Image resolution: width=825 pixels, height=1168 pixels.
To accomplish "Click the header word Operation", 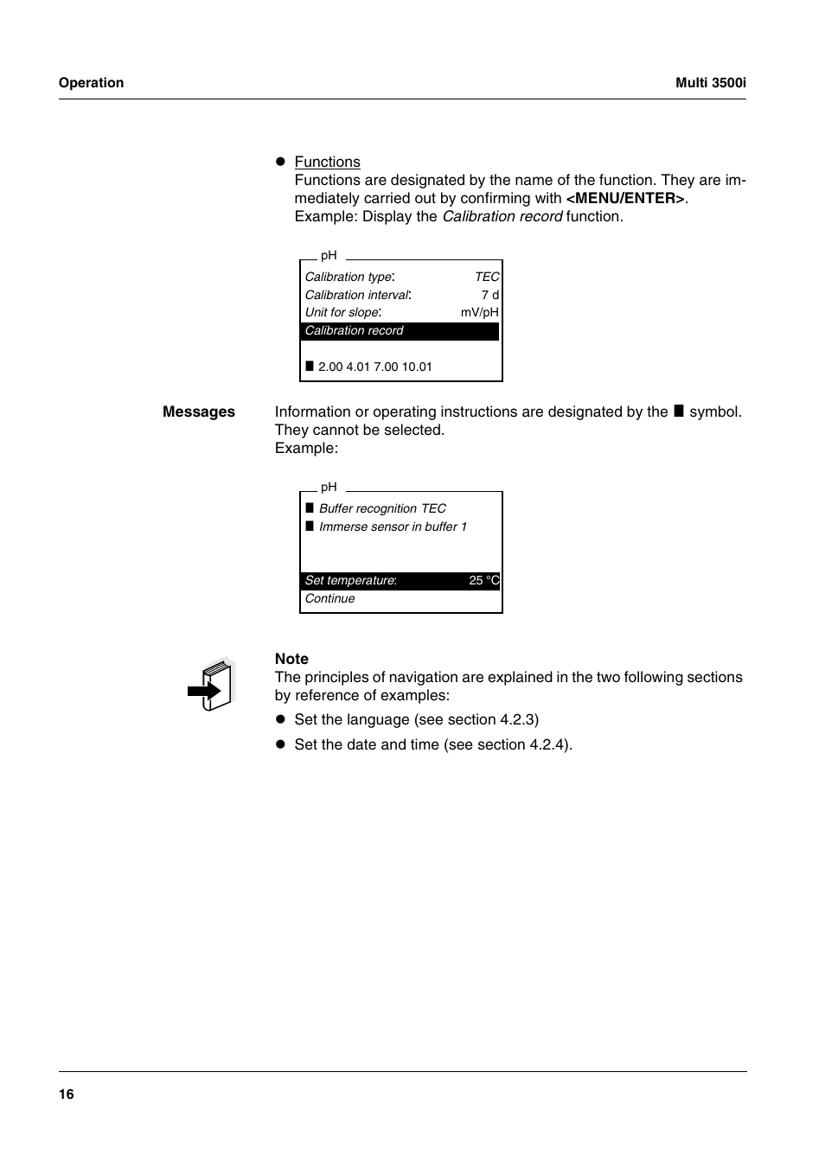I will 91,83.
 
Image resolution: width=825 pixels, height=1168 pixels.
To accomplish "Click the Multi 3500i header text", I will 710,83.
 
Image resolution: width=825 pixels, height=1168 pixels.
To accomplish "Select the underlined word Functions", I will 327,162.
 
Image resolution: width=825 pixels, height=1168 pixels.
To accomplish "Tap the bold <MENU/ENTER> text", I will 625,198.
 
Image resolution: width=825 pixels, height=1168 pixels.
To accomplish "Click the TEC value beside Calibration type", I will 487,277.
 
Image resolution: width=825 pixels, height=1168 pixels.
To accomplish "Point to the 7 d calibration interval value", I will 489,295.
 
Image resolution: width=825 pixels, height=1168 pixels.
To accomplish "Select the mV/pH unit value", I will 479,312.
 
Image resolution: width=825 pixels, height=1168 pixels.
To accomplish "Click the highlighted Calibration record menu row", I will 400,331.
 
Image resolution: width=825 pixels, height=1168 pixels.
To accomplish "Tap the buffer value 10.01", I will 417,367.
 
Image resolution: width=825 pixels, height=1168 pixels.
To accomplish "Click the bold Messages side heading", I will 198,412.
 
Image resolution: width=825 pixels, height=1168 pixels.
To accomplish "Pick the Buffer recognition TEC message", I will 382,508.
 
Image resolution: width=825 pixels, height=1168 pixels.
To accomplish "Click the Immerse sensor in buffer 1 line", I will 393,527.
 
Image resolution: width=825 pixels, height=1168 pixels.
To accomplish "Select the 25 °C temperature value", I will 483,580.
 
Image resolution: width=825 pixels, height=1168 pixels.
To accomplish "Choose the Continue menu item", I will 329,598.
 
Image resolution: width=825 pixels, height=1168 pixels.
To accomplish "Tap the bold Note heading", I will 291,659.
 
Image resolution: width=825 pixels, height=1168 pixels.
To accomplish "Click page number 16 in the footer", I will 67,1095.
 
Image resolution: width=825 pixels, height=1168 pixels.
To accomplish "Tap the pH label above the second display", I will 329,487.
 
